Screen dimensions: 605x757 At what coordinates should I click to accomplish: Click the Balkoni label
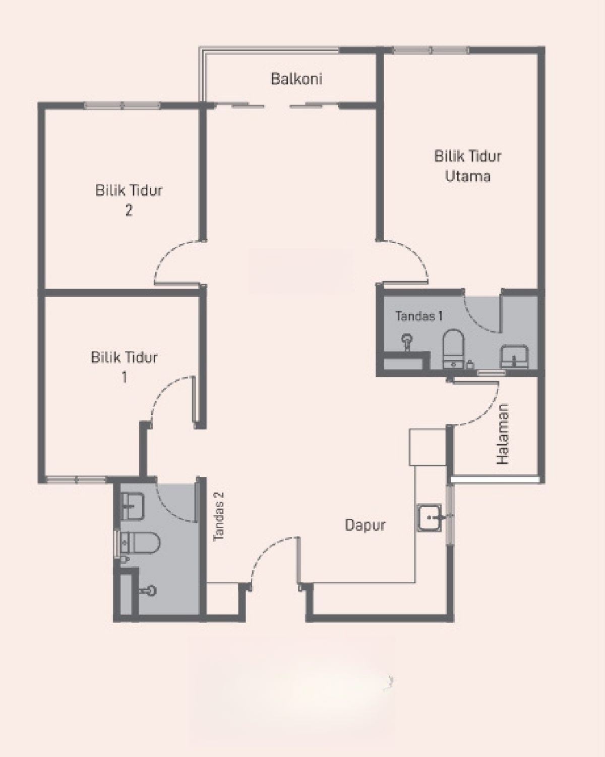click(296, 79)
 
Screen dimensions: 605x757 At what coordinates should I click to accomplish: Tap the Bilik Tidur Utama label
click(467, 166)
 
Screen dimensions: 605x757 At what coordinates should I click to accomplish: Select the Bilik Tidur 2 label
click(129, 200)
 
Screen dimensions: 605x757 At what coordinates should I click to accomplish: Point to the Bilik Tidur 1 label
click(124, 367)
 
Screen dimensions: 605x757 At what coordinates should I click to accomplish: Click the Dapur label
click(365, 525)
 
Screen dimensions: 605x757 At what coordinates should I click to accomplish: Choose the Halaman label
click(503, 434)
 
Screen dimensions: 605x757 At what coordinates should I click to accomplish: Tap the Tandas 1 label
click(418, 316)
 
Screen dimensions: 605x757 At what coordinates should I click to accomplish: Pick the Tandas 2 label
click(218, 516)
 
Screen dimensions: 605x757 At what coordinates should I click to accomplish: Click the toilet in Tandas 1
click(453, 349)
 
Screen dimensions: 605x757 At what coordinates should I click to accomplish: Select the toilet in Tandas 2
click(140, 543)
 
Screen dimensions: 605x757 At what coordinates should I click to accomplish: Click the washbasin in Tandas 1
click(514, 357)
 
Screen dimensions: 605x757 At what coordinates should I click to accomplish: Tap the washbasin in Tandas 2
click(132, 506)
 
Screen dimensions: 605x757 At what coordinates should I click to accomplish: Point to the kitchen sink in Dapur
click(430, 517)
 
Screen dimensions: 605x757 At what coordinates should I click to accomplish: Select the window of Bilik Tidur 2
click(123, 105)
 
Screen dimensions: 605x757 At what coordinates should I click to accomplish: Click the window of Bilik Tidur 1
click(76, 480)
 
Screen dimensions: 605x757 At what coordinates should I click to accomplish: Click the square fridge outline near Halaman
click(428, 447)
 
